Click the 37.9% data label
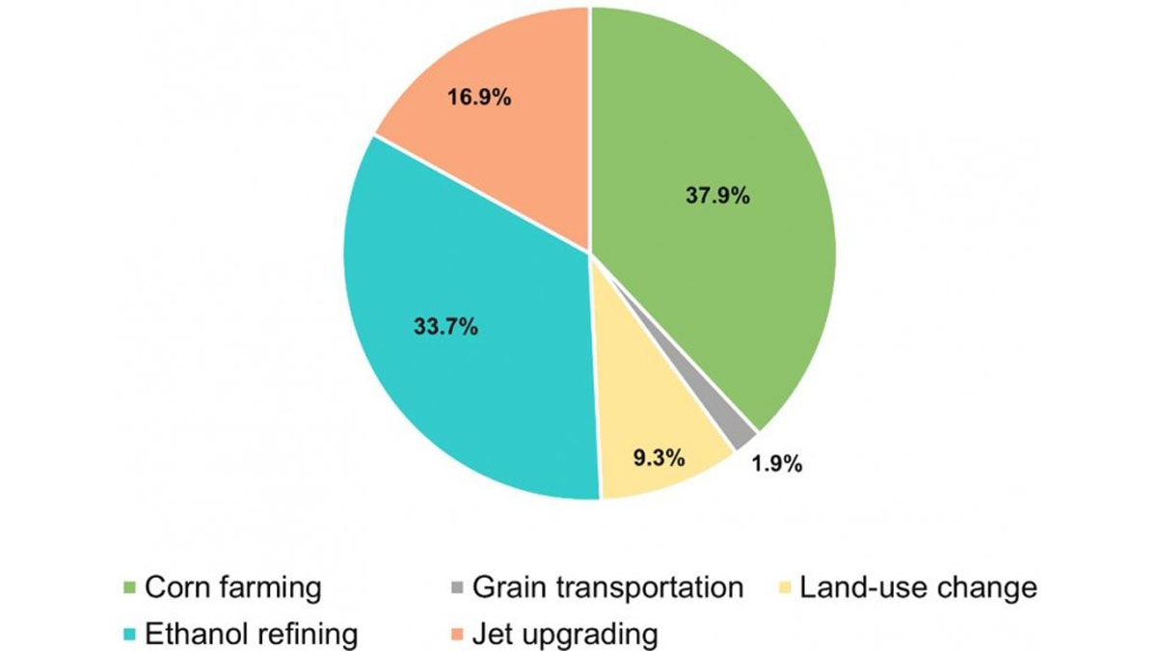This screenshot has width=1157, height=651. coord(714,195)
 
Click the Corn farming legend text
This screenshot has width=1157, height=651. coord(232,587)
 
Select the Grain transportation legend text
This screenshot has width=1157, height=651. coord(607,587)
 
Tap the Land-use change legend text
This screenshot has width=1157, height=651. coord(918,587)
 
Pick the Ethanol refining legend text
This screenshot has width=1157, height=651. coord(251,634)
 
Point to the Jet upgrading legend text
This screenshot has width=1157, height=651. coord(565,634)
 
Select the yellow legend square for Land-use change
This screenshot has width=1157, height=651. coord(785,588)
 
